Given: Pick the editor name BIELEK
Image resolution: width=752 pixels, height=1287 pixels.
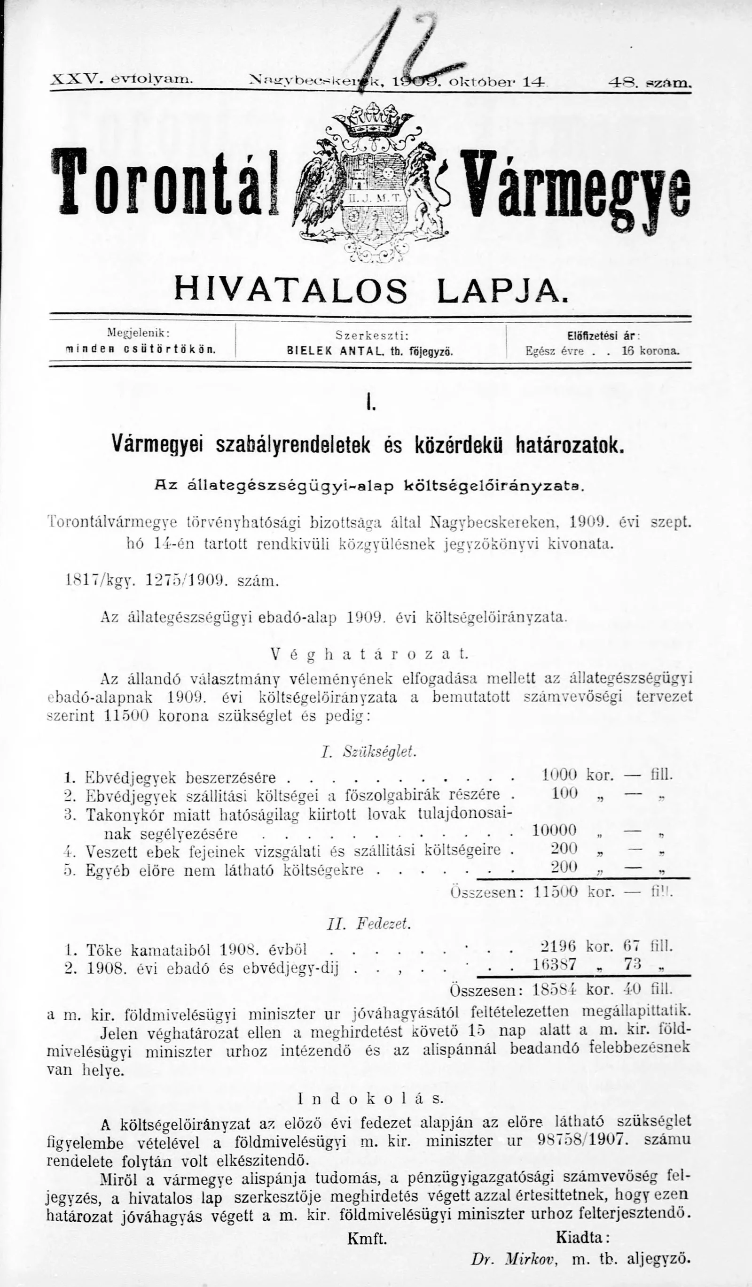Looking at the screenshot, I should pos(306,351).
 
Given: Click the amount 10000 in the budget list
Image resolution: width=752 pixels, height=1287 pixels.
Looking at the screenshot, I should pos(554,830).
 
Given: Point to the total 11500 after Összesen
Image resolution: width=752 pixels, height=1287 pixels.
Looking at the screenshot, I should pos(556,892).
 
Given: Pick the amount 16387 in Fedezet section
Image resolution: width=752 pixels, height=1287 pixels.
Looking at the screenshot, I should pos(555,964).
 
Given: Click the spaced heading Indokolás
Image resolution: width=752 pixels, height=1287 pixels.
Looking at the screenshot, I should pos(370,1099).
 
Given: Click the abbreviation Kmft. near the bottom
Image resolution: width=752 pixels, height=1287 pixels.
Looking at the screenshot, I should pos(367,1250).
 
